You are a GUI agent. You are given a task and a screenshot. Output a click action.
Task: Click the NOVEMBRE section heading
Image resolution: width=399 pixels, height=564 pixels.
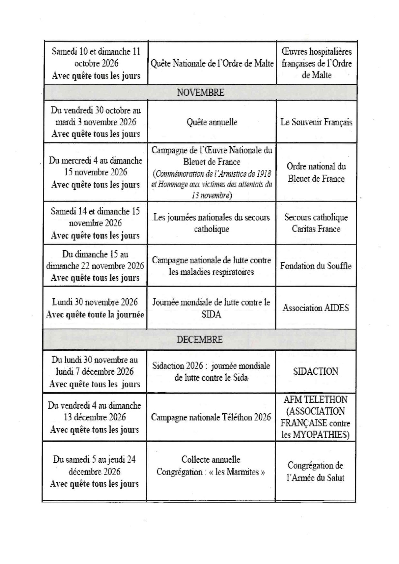click(x=200, y=93)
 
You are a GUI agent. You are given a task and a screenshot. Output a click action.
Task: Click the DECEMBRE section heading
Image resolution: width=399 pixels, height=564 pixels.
click(x=199, y=340)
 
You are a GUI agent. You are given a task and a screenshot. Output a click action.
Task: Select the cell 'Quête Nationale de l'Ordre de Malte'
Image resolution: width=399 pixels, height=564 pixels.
click(x=212, y=63)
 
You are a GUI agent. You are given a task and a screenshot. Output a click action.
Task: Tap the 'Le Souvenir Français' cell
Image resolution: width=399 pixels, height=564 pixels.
click(x=316, y=122)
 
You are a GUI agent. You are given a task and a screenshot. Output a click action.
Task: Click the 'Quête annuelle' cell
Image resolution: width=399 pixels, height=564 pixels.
click(x=212, y=122)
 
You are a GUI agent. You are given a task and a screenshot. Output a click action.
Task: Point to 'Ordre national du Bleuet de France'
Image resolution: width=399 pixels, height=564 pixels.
click(x=316, y=173)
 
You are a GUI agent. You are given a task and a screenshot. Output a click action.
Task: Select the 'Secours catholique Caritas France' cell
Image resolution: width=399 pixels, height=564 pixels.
click(x=316, y=223)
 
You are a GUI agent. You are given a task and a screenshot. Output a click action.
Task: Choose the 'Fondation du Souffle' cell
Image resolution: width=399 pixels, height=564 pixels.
click(x=316, y=266)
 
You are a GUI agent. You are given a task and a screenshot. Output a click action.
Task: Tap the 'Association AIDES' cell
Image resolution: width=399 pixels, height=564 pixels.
click(x=316, y=308)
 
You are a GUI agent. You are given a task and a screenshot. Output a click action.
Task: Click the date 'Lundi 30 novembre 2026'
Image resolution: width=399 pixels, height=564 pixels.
click(x=95, y=302)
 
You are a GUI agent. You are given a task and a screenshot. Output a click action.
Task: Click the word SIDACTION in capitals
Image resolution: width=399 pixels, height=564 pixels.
click(x=316, y=372)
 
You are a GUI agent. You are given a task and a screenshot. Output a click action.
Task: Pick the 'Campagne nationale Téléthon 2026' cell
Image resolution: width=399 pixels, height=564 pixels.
click(x=211, y=417)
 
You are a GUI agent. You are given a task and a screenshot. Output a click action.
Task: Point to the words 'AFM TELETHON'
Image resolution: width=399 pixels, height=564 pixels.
click(x=316, y=400)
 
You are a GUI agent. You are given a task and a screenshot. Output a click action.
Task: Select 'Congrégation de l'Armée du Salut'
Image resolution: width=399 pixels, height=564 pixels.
click(x=315, y=471)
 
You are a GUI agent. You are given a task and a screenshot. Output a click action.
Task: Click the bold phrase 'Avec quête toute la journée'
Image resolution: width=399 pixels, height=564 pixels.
click(x=95, y=314)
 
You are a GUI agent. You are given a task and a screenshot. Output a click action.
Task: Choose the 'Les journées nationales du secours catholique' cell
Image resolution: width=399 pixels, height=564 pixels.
click(x=211, y=223)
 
